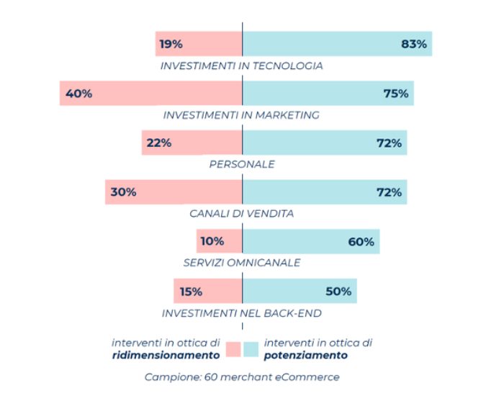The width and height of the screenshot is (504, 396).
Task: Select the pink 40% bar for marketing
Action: (x=151, y=94)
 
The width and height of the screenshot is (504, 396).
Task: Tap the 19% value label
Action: (x=171, y=44)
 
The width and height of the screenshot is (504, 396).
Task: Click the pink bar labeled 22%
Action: (x=193, y=143)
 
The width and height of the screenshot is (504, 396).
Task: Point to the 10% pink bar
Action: (x=220, y=242)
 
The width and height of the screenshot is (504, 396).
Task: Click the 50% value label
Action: (x=338, y=292)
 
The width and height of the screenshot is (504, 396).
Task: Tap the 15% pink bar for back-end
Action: (x=208, y=292)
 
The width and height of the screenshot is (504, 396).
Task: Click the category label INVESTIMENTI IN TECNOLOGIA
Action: (x=241, y=66)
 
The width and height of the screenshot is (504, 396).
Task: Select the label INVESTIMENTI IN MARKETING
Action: (x=241, y=115)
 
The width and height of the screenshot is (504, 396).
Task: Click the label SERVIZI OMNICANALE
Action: (x=242, y=263)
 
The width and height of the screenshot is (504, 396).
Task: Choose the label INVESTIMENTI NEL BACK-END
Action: (x=241, y=313)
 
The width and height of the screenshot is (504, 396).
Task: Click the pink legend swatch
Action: (x=233, y=349)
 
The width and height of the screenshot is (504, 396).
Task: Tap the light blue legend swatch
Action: (x=251, y=349)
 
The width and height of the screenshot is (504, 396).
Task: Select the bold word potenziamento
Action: (x=306, y=355)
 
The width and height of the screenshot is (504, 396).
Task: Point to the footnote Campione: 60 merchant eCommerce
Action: (x=242, y=377)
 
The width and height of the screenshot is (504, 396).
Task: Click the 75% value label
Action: (x=395, y=94)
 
